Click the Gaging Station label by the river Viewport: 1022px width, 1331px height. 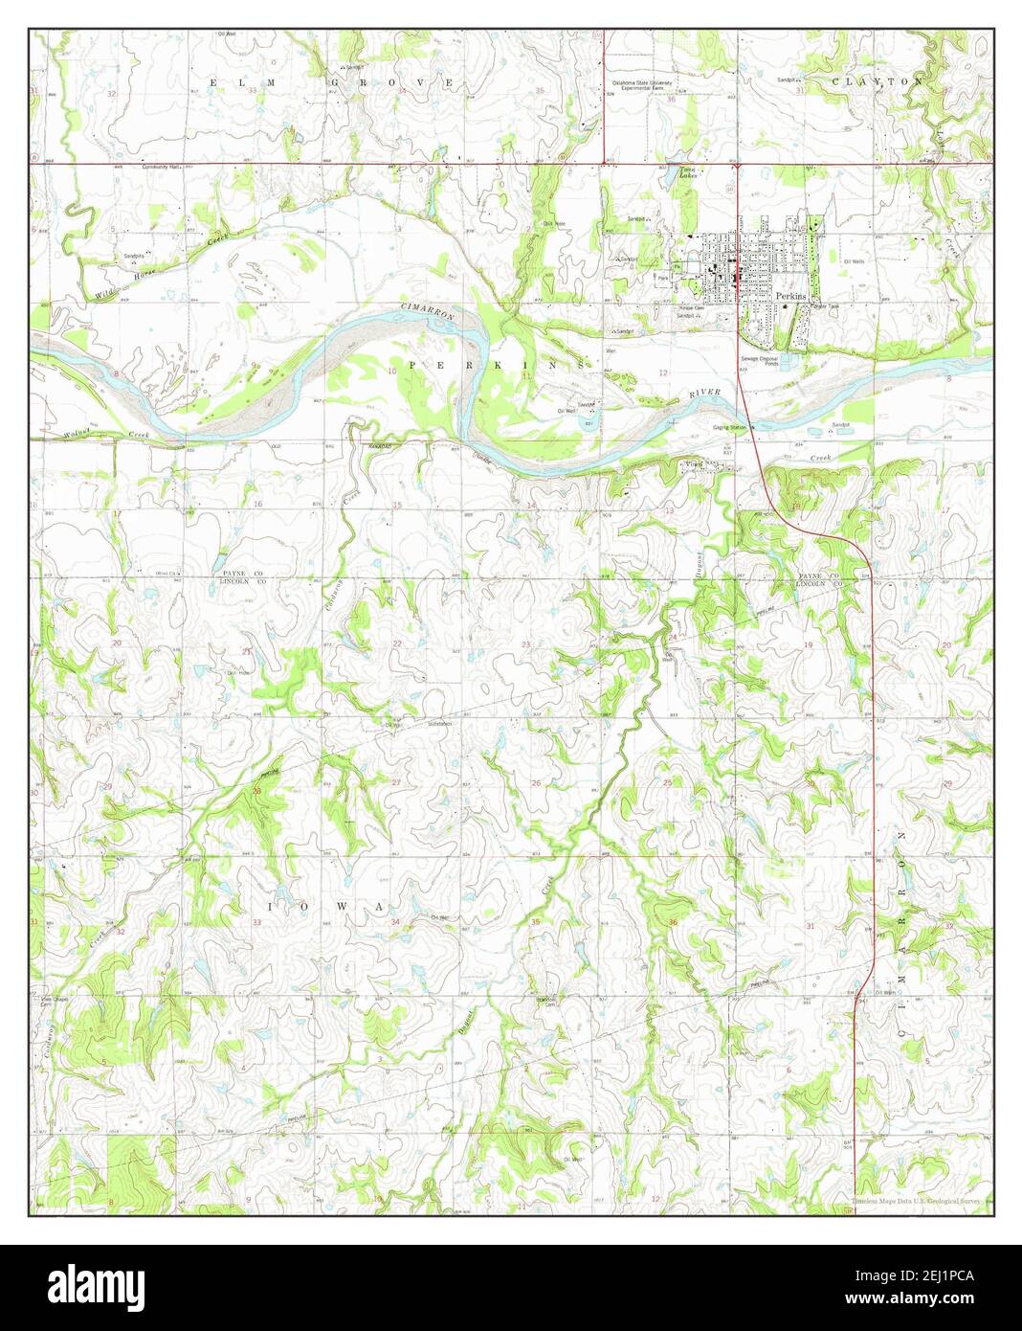728,427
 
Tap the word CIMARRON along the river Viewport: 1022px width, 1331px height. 426,311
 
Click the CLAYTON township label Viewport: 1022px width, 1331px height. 878,82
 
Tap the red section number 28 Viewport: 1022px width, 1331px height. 256,789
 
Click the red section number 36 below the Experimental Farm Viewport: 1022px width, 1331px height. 671,99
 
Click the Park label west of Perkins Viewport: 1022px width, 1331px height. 662,279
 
